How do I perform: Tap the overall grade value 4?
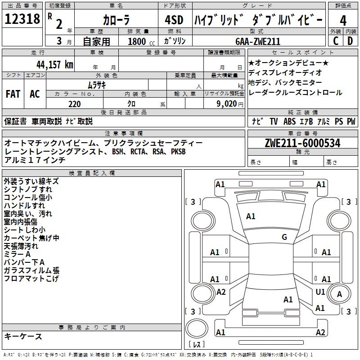coord(343,20)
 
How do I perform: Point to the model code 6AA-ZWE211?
coord(258,41)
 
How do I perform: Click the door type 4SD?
coord(174,20)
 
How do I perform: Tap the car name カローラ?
coord(116,21)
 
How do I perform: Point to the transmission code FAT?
coord(13,94)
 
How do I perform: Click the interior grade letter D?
coord(350,41)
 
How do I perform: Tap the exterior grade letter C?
coord(335,41)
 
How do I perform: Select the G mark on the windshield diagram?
coord(284,237)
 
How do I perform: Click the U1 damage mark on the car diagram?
coord(320,292)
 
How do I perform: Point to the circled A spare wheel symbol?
coord(340,294)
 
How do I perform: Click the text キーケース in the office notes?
coord(23,336)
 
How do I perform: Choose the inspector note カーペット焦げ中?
coord(31,238)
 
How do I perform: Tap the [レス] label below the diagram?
coord(197,345)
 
